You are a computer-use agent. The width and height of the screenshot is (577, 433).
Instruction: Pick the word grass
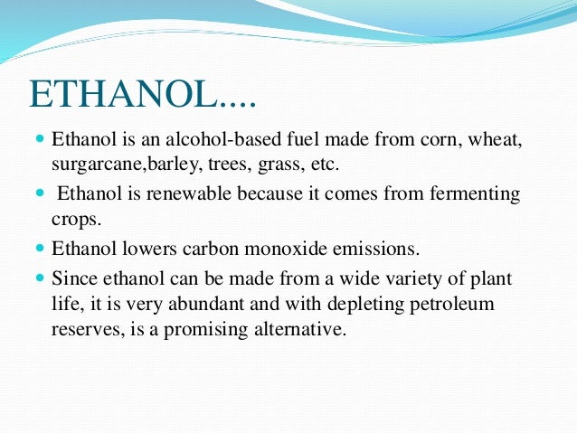click(278, 165)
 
